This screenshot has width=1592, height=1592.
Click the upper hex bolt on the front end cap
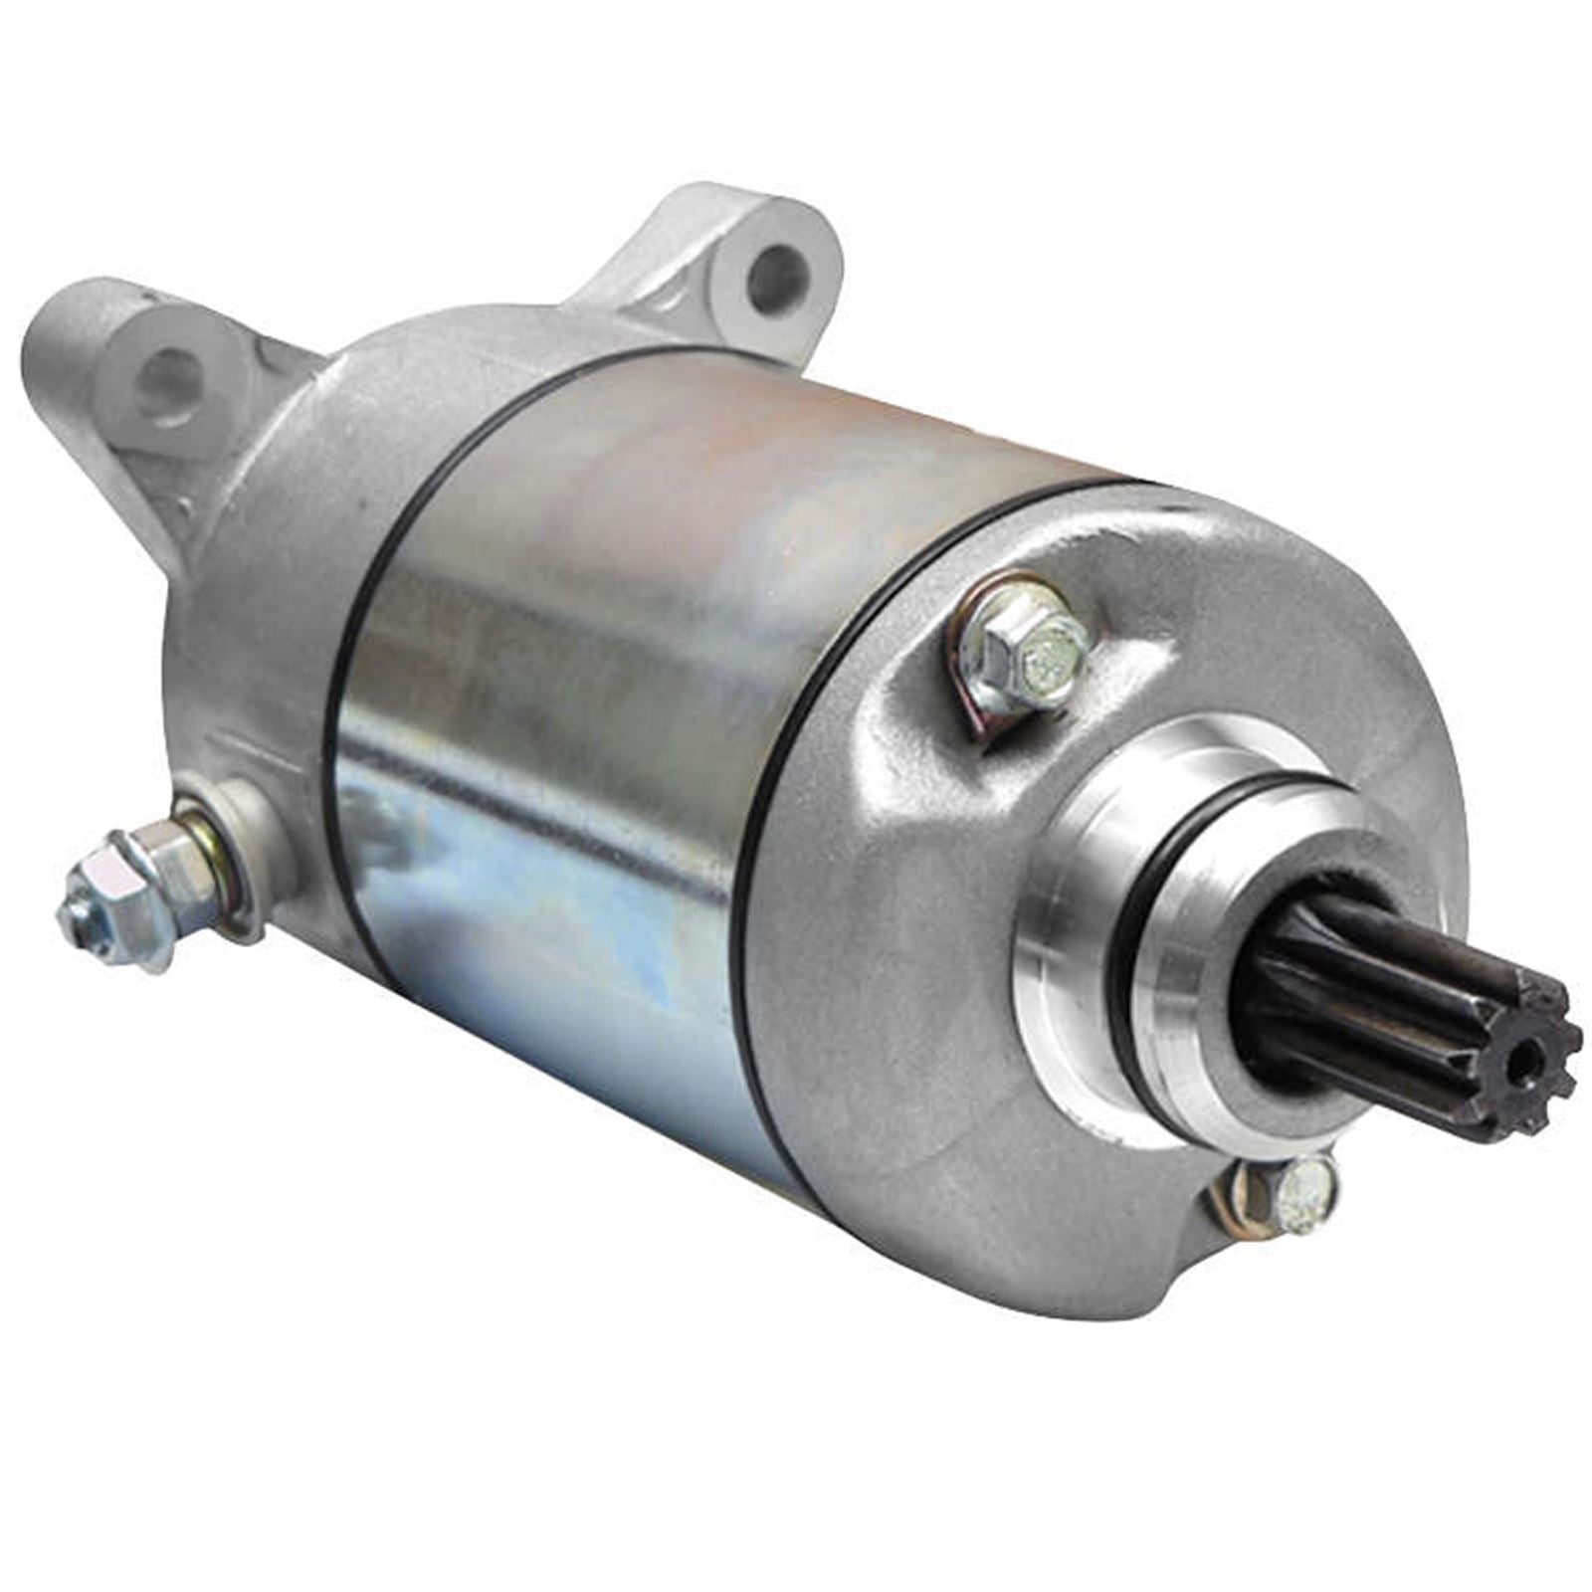point(1035,647)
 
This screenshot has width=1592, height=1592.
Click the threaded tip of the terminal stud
point(78,916)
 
